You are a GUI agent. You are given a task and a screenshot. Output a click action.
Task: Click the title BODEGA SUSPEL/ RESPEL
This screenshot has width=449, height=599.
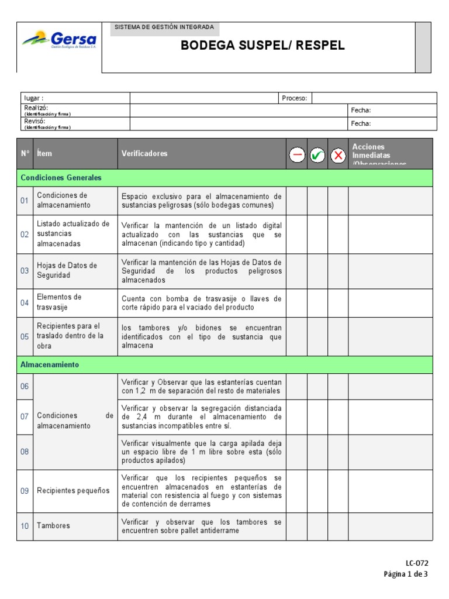point(263,46)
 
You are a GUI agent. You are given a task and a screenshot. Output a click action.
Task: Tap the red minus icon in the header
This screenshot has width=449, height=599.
point(297,155)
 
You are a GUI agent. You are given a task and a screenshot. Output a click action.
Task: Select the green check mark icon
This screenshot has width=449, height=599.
point(317,155)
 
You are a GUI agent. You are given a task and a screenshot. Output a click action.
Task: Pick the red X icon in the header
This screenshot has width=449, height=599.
point(338,155)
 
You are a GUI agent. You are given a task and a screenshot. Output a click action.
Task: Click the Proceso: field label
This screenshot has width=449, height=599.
point(294,98)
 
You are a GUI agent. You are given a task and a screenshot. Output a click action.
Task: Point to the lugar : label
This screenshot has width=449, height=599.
point(34,98)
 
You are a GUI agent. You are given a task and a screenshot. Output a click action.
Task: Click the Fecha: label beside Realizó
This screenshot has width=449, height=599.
point(361,110)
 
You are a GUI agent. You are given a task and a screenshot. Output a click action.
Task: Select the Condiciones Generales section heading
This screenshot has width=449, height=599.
point(61,177)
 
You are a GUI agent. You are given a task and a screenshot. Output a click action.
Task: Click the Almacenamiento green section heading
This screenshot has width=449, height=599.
point(50,364)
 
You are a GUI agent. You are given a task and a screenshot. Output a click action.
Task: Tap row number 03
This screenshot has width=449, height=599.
point(25,271)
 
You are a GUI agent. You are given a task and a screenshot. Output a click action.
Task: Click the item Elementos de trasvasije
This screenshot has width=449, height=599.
point(59,302)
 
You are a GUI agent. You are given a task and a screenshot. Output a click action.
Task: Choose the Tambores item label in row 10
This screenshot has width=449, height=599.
point(53,526)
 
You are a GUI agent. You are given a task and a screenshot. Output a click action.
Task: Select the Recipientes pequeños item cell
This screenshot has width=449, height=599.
point(73,491)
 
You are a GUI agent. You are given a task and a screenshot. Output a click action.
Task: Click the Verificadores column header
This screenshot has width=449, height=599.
point(144,154)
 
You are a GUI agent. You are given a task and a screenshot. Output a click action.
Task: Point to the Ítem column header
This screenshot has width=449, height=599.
point(44,154)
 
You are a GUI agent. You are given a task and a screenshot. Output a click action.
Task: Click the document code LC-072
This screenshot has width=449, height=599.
point(417,563)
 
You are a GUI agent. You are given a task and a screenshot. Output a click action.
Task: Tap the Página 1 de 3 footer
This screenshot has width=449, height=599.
point(406,574)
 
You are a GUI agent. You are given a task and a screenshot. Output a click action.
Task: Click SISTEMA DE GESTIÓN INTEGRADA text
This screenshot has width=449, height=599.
point(164,27)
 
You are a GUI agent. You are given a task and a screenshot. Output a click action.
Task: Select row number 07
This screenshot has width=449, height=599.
point(25,416)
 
